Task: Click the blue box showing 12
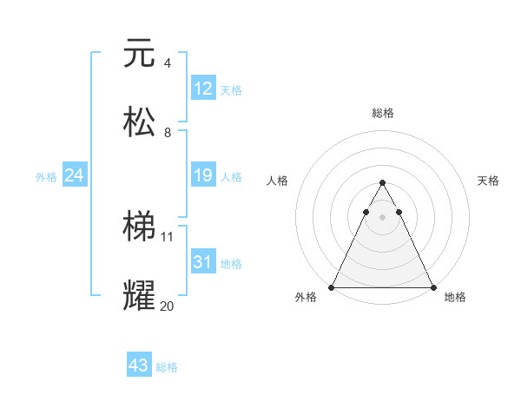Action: pyautogui.click(x=203, y=89)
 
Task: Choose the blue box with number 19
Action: pyautogui.click(x=203, y=176)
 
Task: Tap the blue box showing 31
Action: pyautogui.click(x=203, y=262)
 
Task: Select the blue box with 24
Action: pyautogui.click(x=75, y=176)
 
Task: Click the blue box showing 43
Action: pyautogui.click(x=139, y=366)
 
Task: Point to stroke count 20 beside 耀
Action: pyautogui.click(x=168, y=306)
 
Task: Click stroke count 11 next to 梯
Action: pyautogui.click(x=168, y=236)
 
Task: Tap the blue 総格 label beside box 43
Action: pyautogui.click(x=168, y=367)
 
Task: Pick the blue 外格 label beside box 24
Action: pyautogui.click(x=46, y=177)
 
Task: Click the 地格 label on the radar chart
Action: pyautogui.click(x=455, y=297)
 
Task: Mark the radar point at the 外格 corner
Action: pyautogui.click(x=332, y=287)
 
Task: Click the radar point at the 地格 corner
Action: pyautogui.click(x=432, y=287)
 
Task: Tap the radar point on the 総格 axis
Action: pyautogui.click(x=382, y=183)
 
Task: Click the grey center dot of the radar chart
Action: pyautogui.click(x=382, y=217)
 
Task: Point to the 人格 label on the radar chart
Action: pyautogui.click(x=278, y=181)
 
